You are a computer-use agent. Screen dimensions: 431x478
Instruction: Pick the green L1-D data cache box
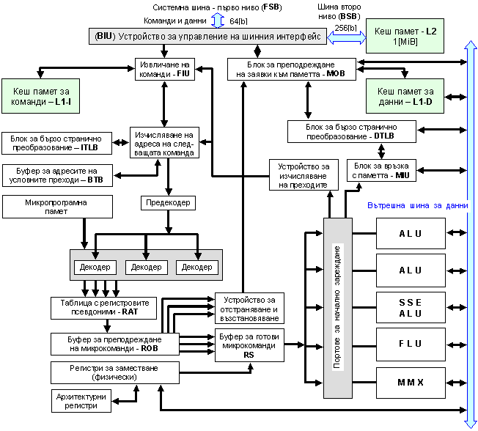404,96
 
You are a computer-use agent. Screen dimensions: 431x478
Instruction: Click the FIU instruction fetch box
166,69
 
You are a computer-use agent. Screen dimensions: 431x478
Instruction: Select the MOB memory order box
291,69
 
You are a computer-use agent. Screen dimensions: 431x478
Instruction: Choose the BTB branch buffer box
58,175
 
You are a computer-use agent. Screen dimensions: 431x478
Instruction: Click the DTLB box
351,131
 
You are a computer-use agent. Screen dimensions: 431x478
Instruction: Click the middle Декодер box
147,267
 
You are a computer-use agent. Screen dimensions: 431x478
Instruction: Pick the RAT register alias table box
104,306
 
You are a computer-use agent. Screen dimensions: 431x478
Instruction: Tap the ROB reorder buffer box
104,343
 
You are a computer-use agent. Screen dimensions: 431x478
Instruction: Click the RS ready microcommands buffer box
249,342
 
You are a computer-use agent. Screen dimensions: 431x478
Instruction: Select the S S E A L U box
411,309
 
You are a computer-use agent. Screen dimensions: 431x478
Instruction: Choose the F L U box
411,344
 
